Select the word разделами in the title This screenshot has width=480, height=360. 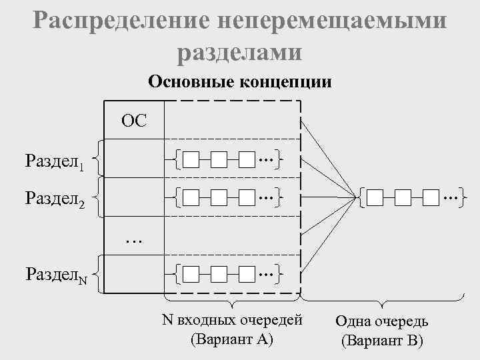[x=240, y=52]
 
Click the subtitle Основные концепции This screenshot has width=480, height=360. [x=240, y=82]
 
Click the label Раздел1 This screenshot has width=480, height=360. [x=54, y=161]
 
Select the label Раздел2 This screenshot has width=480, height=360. [x=54, y=198]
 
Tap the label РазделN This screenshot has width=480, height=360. [x=55, y=273]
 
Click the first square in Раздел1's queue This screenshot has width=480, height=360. [x=191, y=160]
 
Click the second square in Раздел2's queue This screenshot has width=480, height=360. [x=219, y=197]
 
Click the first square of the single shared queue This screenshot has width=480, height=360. [x=375, y=197]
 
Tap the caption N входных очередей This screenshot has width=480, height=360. [x=232, y=321]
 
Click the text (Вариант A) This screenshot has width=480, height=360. [x=232, y=339]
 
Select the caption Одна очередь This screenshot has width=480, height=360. [x=382, y=322]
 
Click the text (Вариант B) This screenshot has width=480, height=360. [x=382, y=341]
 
